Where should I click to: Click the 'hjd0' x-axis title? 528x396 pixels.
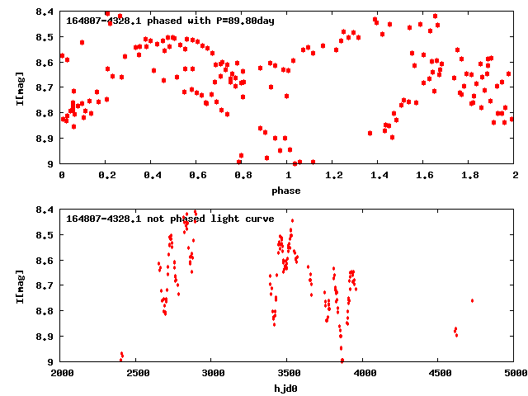[x=288, y=389]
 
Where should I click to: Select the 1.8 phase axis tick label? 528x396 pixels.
[x=469, y=176]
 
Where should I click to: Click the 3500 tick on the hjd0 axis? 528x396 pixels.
[x=288, y=374]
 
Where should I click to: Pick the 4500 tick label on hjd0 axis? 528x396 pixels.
[x=439, y=374]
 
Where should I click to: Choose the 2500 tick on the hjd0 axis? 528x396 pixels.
[x=137, y=374]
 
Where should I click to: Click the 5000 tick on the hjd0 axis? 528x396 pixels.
[x=514, y=374]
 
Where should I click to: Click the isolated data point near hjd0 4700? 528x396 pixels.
[x=472, y=300]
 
